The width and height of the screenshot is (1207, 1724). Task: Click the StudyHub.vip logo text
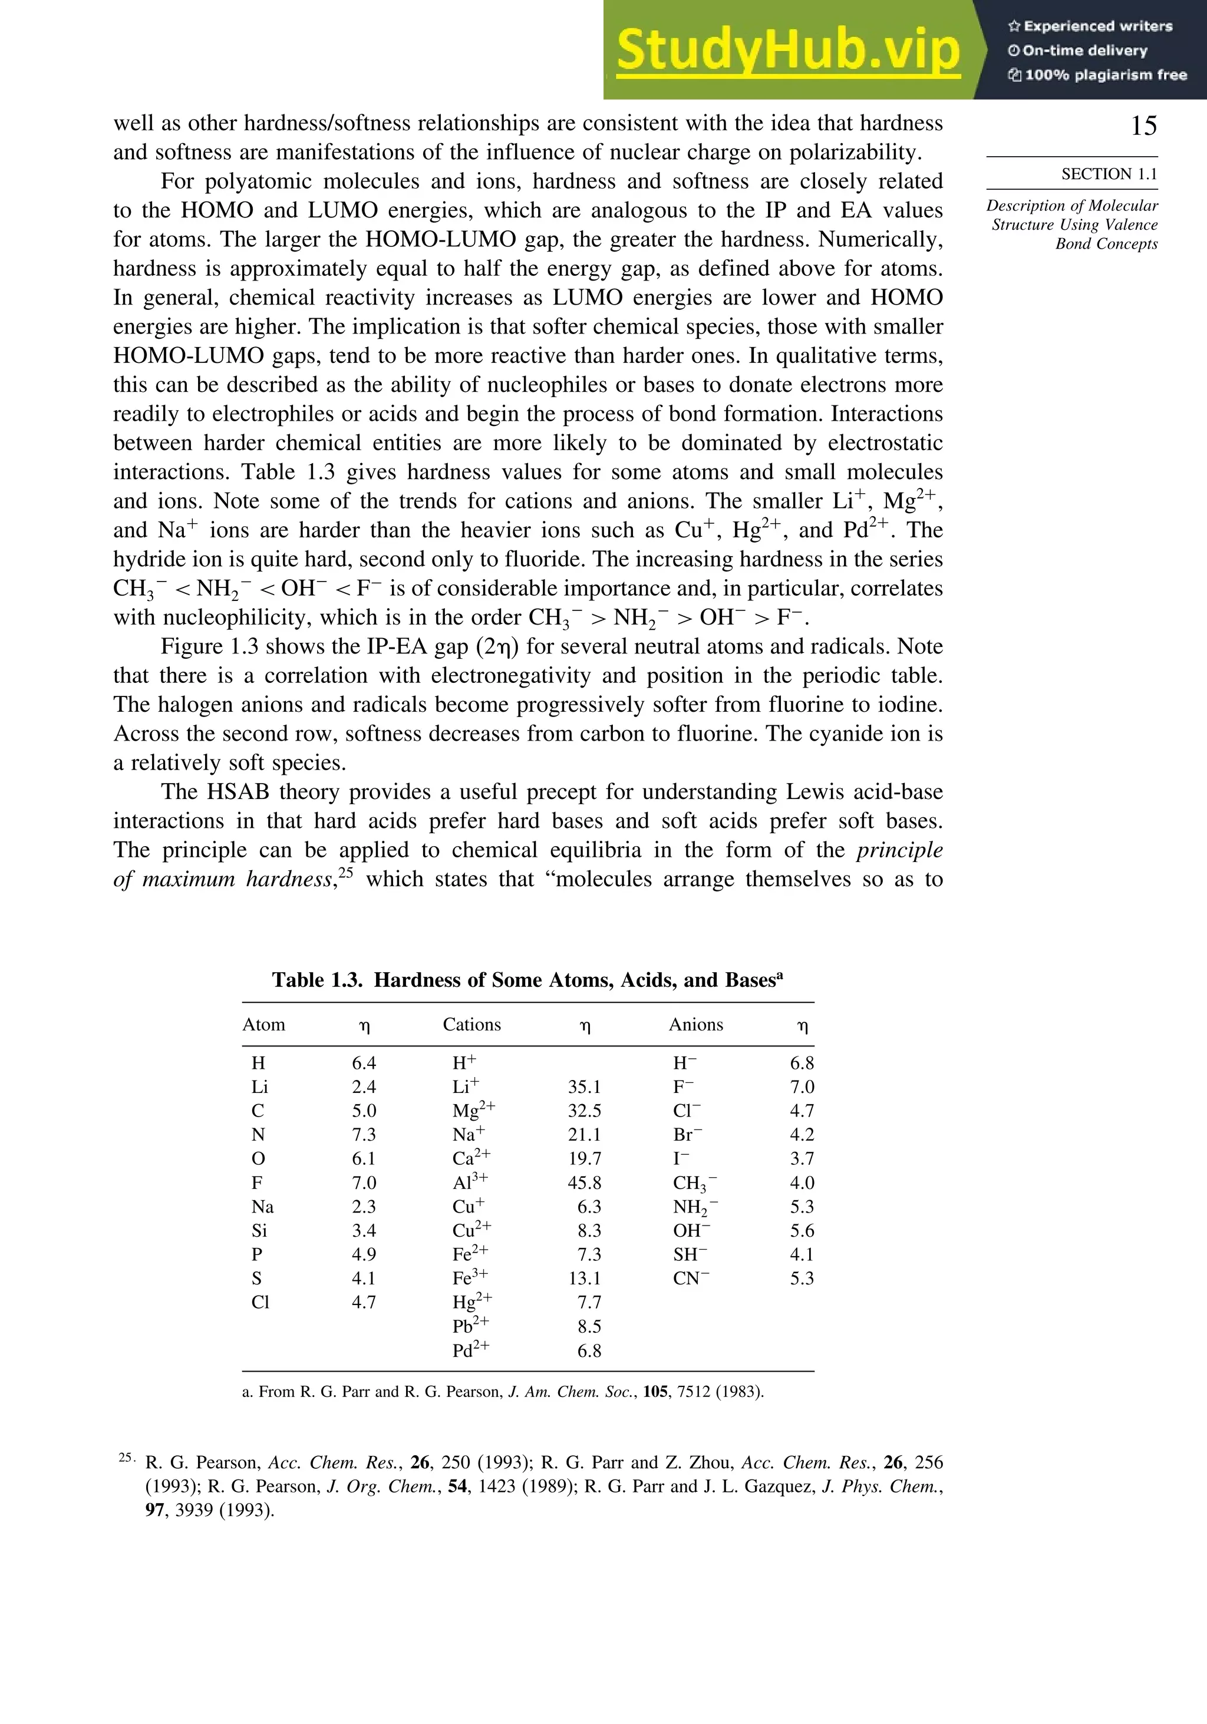788,49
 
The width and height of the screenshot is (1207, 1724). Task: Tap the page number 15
1143,125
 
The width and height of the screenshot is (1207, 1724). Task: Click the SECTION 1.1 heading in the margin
1109,174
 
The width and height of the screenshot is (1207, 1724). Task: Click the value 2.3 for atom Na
364,1207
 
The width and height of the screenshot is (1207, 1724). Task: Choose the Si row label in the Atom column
259,1231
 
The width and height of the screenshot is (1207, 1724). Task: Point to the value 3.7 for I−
802,1158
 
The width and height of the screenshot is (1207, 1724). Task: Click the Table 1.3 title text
527,980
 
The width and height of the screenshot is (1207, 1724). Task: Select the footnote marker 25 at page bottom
126,1458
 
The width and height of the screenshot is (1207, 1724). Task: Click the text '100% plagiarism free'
1105,74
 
